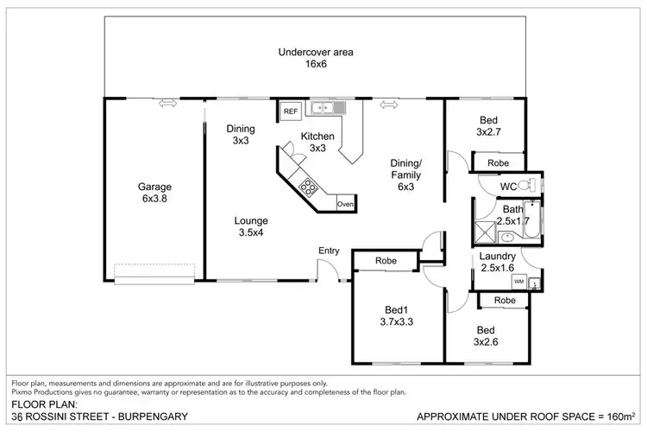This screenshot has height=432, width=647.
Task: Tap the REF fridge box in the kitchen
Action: [290, 111]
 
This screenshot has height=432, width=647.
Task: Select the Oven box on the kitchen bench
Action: [345, 204]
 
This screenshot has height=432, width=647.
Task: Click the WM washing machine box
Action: [518, 282]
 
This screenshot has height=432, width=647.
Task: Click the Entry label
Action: [329, 251]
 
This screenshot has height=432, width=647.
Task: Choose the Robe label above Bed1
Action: [385, 261]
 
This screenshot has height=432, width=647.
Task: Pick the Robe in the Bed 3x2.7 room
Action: [498, 162]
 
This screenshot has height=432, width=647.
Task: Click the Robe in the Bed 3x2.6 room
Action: [505, 300]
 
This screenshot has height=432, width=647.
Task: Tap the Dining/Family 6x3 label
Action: [406, 175]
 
